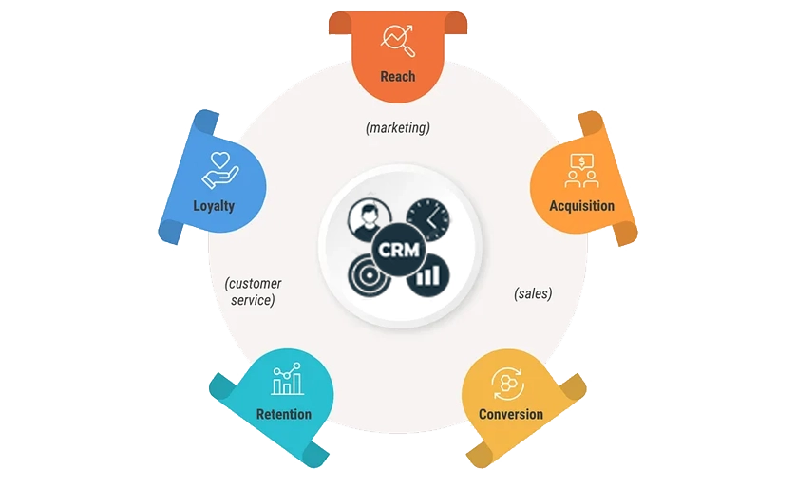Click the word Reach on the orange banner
(398, 77)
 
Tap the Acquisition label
(581, 206)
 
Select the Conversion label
(511, 415)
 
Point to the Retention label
(284, 415)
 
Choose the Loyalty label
(214, 206)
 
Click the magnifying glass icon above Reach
(399, 41)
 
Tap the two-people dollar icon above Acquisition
(581, 171)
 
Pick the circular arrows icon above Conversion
(507, 384)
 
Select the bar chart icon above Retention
(287, 379)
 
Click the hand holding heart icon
(220, 171)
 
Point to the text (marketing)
(398, 128)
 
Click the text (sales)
(533, 293)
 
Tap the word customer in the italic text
(254, 284)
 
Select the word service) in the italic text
(253, 300)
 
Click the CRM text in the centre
(399, 250)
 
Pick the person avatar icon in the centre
(370, 219)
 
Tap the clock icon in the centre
(428, 219)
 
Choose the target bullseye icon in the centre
(370, 276)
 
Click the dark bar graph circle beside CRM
(428, 276)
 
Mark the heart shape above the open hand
(220, 160)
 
